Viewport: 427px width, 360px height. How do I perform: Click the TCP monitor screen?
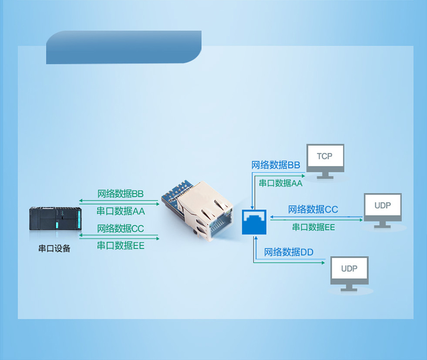coord(325,156)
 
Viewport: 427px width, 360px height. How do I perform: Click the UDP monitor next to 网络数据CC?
coord(382,206)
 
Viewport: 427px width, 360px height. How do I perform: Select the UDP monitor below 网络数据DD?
coord(349,269)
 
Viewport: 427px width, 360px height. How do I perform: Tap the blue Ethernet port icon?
coord(254,221)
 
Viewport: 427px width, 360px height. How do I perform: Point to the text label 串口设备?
coord(54,248)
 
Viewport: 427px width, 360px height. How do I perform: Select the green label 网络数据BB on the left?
coord(121,194)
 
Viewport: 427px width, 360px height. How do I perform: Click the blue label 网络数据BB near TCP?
coord(276,165)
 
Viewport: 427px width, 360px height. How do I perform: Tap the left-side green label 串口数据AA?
coord(121,211)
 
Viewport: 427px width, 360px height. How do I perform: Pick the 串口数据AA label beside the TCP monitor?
coord(280,183)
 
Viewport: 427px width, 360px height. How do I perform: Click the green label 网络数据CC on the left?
coord(121,228)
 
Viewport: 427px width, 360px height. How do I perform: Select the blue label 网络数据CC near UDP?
coord(313,209)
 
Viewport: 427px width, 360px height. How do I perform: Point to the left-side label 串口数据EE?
coord(121,246)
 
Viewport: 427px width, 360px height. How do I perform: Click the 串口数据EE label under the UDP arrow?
coord(313,227)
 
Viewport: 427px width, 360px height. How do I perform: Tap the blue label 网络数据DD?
coord(288,252)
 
